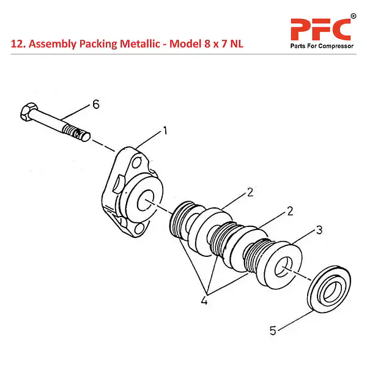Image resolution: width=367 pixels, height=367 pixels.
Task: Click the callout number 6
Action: click(x=95, y=105)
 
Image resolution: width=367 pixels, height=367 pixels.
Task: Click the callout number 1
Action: click(x=165, y=130)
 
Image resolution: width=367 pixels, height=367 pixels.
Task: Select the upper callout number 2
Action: click(x=250, y=193)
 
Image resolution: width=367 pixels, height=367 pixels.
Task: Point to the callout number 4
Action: click(x=204, y=300)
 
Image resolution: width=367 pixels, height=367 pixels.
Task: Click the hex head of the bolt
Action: click(x=27, y=113)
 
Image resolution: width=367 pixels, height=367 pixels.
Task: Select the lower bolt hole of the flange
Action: click(x=141, y=228)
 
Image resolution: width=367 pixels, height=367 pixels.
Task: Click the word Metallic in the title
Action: click(x=143, y=44)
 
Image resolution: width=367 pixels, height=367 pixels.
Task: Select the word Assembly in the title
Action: click(x=52, y=44)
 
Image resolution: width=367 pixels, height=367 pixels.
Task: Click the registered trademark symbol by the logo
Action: click(x=352, y=15)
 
